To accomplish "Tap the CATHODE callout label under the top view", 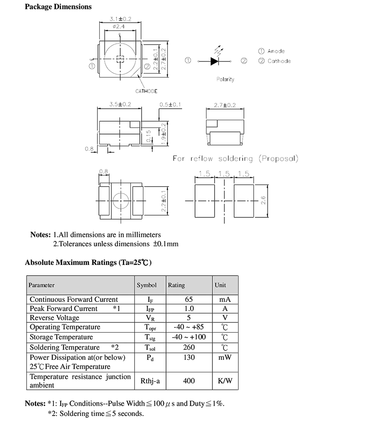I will coord(146,91).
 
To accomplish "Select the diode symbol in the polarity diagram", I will coord(216,61).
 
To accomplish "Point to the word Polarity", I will coord(225,79).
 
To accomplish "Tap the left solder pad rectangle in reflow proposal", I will coord(205,201).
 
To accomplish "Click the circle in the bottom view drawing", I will coord(120,201).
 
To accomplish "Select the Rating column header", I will coord(176,285).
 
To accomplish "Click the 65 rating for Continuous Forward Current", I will coord(189,300).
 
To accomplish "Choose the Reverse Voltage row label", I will coord(54,318).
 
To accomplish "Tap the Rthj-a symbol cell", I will coord(150,381).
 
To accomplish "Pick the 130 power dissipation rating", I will coord(189,358).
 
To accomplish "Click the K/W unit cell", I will coord(225,381).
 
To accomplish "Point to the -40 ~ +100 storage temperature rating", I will coord(189,337).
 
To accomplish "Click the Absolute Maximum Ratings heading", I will coord(88,262).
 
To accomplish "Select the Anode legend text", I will coord(276,51).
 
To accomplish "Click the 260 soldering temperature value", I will coord(189,347).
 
